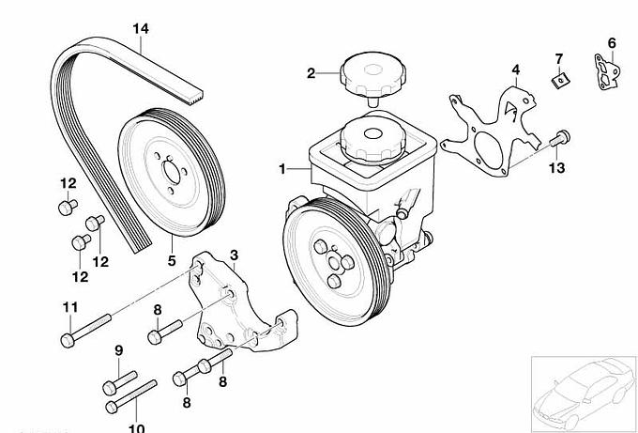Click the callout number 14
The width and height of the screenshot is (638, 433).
point(140,28)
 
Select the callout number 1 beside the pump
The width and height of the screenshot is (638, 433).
point(281,169)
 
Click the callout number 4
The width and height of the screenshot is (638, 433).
point(515,69)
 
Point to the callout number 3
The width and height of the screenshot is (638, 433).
point(234,255)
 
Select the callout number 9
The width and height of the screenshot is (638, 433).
point(119,351)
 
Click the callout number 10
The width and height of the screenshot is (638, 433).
point(135,428)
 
